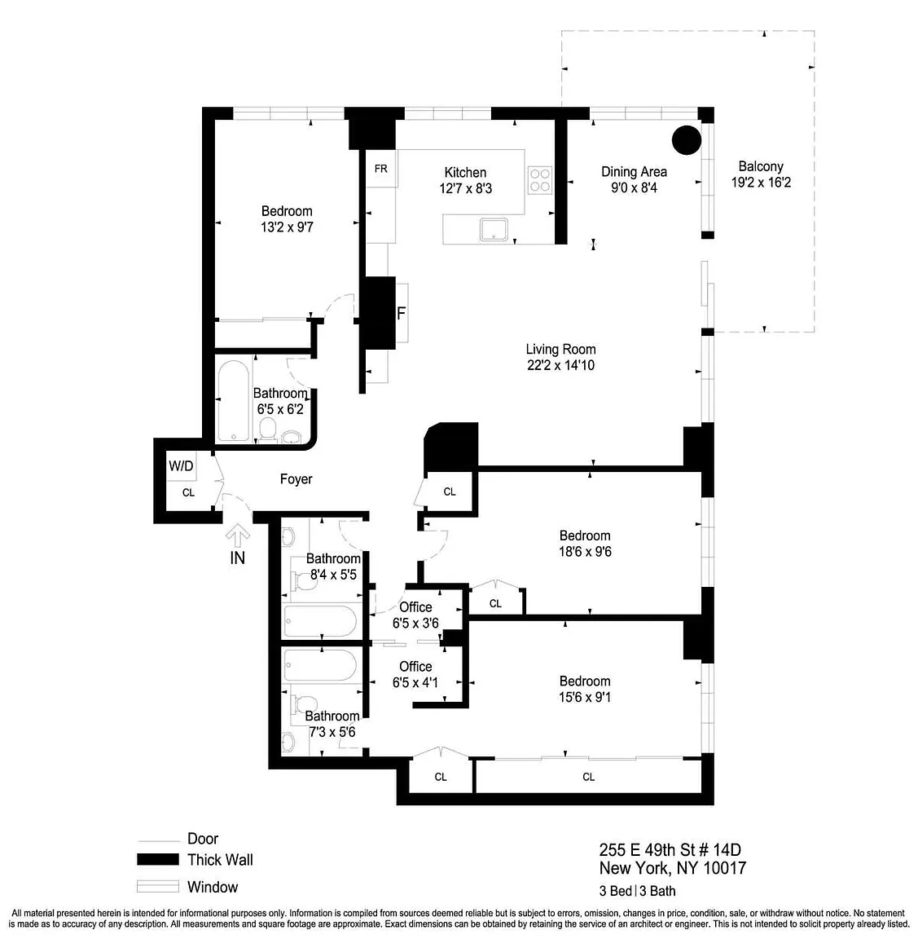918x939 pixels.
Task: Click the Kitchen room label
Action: click(x=465, y=173)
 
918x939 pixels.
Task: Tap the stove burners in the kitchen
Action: click(x=540, y=180)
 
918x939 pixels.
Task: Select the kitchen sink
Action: click(x=494, y=230)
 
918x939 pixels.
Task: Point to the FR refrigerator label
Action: click(x=380, y=169)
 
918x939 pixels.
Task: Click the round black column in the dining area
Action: click(x=687, y=140)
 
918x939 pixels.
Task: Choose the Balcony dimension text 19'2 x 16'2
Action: click(x=761, y=183)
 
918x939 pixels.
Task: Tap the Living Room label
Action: click(x=560, y=349)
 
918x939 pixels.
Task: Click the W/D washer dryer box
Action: click(x=181, y=465)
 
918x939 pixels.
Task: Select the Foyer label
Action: click(x=296, y=479)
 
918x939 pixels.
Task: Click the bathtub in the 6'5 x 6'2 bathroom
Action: click(x=233, y=401)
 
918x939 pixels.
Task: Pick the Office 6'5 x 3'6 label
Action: click(x=415, y=615)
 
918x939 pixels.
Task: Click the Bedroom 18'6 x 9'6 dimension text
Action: click(x=585, y=552)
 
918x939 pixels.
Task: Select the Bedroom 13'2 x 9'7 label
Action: click(x=287, y=219)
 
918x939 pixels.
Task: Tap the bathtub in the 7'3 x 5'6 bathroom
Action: click(x=320, y=665)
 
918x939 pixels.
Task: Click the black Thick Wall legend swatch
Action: click(x=158, y=859)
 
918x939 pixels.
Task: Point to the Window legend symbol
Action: click(x=158, y=886)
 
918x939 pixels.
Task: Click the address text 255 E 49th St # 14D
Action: click(x=670, y=850)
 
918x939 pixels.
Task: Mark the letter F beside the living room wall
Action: click(x=401, y=313)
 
